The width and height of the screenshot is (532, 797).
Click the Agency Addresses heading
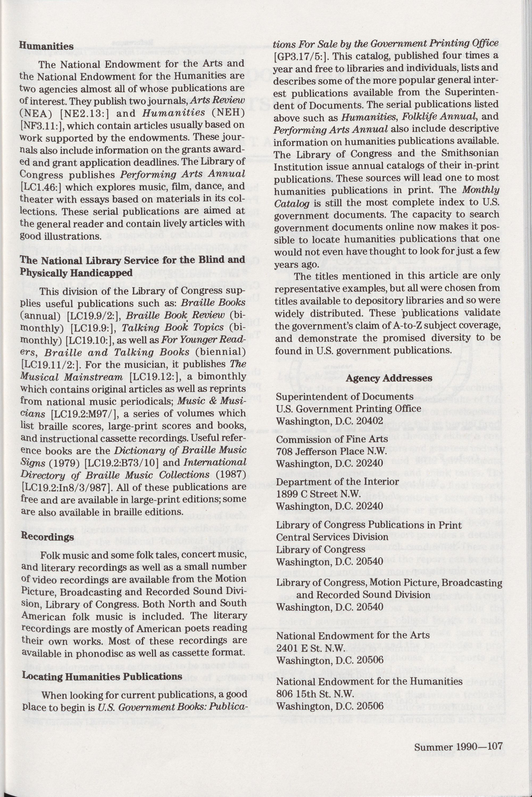[x=389, y=378]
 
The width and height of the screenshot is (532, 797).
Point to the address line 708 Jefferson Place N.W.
[x=331, y=451]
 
